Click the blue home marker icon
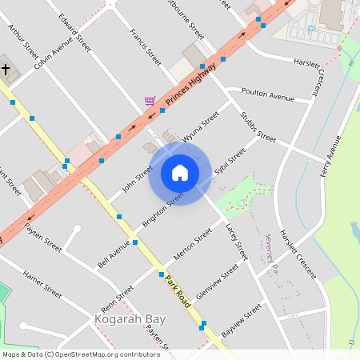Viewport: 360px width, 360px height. click(179, 173)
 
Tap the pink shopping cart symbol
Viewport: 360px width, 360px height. click(150, 102)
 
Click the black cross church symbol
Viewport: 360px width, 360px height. click(5, 70)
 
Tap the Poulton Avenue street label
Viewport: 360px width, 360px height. click(270, 96)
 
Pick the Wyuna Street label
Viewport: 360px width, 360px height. click(201, 128)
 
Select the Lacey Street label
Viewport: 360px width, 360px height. click(238, 242)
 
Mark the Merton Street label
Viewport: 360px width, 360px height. click(193, 245)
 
